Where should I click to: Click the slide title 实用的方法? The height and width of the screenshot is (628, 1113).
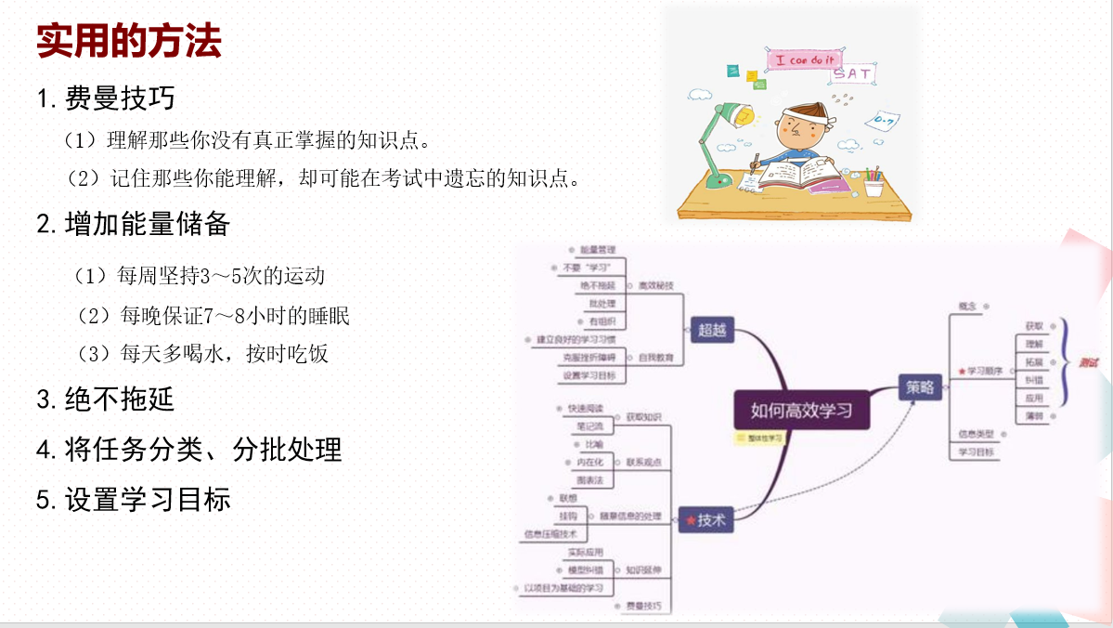point(129,42)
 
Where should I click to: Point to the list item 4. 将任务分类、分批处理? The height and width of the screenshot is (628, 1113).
point(189,450)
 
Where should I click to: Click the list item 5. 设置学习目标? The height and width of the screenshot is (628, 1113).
point(134,500)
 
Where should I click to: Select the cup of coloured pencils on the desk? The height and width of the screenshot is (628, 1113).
point(874,182)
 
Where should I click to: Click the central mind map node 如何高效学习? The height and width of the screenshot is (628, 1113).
point(801,409)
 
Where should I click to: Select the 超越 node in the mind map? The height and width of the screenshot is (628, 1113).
point(713,329)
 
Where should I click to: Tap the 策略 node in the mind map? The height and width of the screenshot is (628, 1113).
point(920,387)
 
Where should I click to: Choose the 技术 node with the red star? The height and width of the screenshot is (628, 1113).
point(706,521)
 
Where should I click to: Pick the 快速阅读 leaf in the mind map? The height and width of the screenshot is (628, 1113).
point(585,408)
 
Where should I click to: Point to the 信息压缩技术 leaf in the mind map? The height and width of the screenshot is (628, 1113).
point(550,534)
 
